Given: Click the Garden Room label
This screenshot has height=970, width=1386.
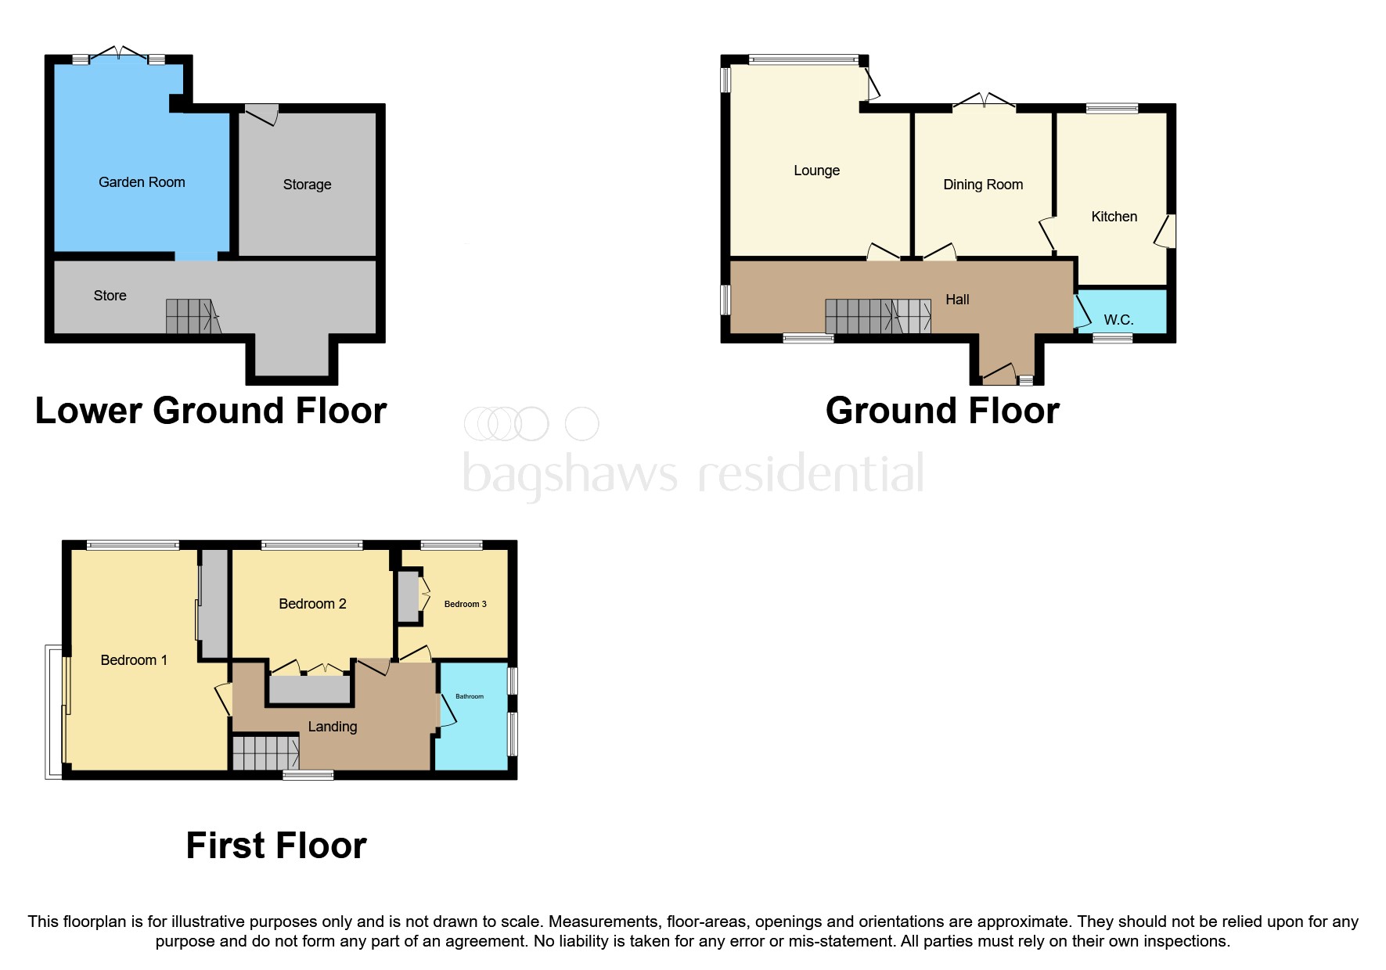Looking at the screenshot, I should tap(142, 182).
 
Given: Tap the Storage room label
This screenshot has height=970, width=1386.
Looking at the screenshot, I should tap(307, 185).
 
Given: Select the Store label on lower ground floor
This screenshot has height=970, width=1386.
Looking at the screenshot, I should tap(110, 296).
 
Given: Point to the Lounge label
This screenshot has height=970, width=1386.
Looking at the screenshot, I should tap(816, 171).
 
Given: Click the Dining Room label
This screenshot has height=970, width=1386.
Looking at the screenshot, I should tap(983, 185).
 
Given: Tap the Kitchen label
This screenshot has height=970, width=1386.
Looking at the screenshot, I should tap(1114, 217).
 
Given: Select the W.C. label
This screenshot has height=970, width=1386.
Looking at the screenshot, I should tap(1118, 320).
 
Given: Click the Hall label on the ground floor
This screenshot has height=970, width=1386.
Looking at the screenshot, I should tap(957, 300).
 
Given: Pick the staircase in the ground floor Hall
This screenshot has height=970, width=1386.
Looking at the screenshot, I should tap(877, 317).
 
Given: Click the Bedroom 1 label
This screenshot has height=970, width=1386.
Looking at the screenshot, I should tap(134, 660).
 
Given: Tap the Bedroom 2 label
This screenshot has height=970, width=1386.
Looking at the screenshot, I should tap(312, 604).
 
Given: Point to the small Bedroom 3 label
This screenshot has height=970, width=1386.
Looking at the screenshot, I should tap(465, 604).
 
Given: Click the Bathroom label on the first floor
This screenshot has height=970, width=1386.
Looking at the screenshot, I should tap(470, 696).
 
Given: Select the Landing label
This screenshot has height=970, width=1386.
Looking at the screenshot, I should tap(333, 727).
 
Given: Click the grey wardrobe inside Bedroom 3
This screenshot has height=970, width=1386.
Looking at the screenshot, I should tap(408, 597).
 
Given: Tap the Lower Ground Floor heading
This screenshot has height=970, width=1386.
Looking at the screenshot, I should tap(211, 411).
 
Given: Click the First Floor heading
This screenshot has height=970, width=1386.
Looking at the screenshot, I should tap(276, 846).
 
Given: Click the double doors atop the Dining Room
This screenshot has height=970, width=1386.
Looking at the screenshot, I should tap(985, 101).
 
